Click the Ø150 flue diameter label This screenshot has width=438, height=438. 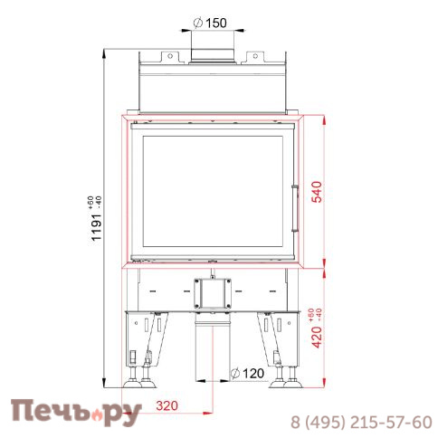point(212,23)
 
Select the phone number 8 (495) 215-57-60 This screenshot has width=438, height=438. point(360,422)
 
